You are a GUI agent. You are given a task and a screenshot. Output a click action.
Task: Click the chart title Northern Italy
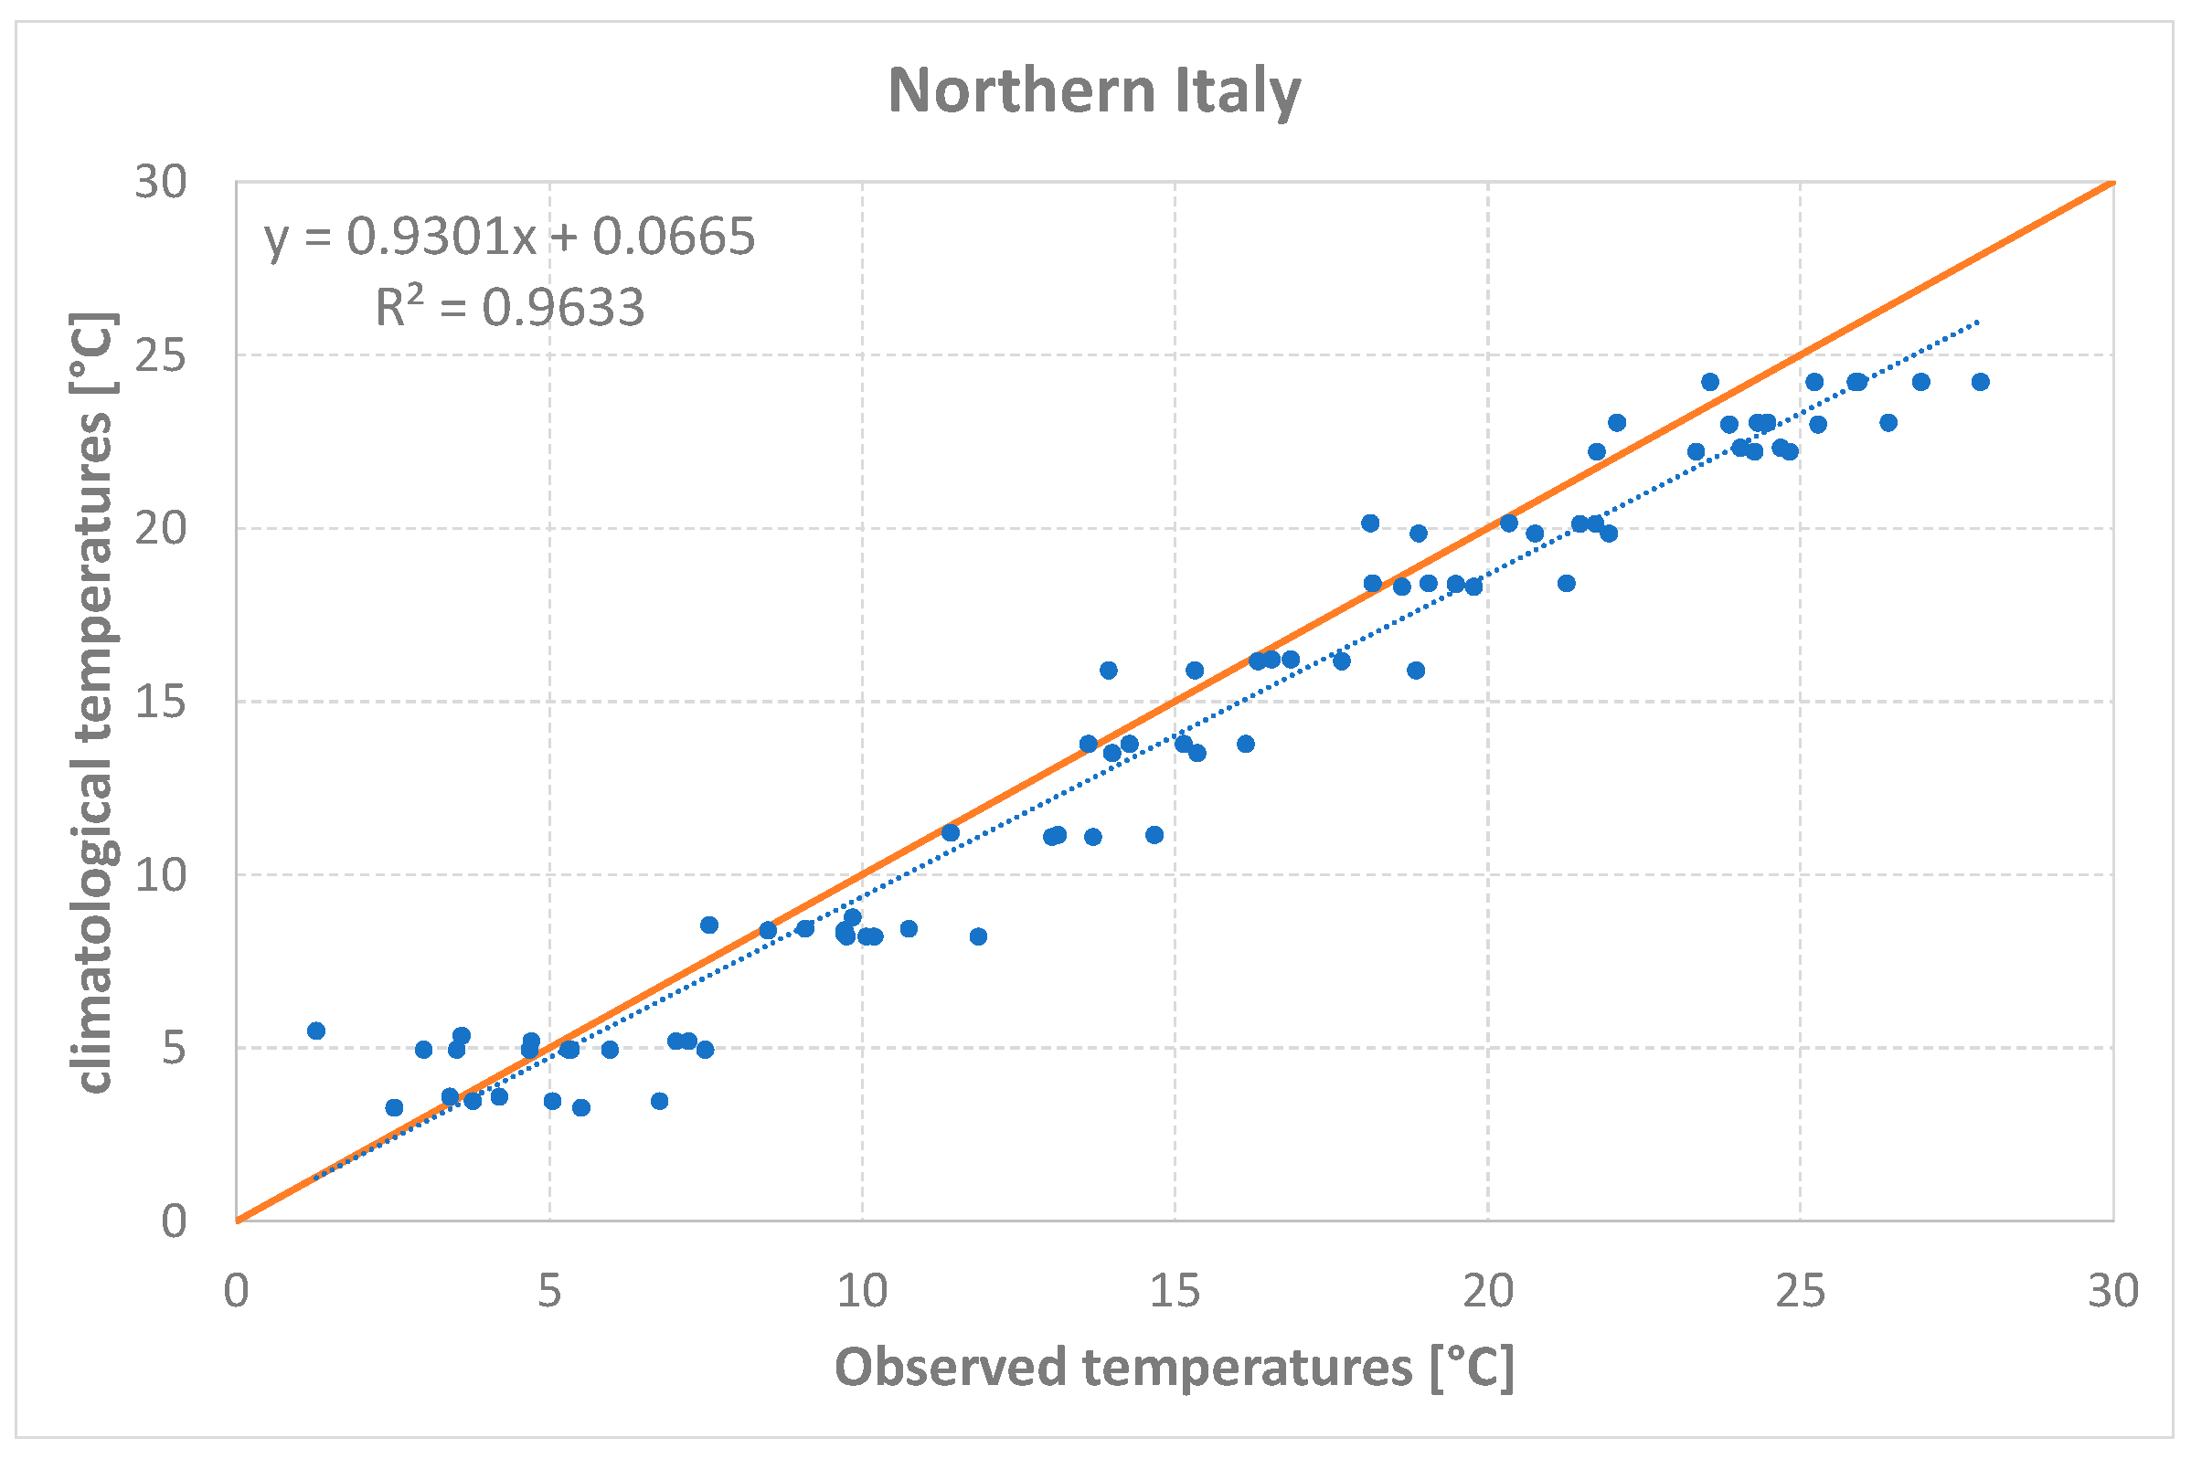click(1093, 91)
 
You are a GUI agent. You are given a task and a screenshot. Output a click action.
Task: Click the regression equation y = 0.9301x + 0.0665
click(509, 237)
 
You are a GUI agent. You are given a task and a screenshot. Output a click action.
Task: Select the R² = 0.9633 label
click(509, 307)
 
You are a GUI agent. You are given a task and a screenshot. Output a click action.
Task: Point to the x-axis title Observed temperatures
click(1174, 1368)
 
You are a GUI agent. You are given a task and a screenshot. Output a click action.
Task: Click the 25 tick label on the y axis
click(160, 355)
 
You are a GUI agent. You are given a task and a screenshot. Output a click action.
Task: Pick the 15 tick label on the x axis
click(1174, 1292)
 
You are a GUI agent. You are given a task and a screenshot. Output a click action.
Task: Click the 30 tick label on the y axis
click(160, 182)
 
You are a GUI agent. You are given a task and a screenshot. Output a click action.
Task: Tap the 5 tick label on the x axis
click(549, 1292)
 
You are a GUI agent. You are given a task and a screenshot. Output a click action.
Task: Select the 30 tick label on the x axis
click(2112, 1292)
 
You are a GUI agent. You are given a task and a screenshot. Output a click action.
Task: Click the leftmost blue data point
click(315, 1031)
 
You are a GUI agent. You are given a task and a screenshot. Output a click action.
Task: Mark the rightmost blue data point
click(1981, 382)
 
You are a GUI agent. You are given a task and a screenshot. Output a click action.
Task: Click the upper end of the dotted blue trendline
click(1977, 322)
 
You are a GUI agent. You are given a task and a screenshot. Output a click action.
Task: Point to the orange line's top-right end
click(2112, 183)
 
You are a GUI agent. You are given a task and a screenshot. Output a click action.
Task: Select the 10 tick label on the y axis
click(160, 874)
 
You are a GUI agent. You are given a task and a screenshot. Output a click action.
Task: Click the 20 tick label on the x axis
click(1487, 1292)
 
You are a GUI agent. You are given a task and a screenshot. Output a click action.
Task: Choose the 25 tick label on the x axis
click(1800, 1292)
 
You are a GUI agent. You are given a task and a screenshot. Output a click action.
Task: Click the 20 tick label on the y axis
click(160, 529)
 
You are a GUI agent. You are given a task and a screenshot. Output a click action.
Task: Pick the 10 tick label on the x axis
click(862, 1292)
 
